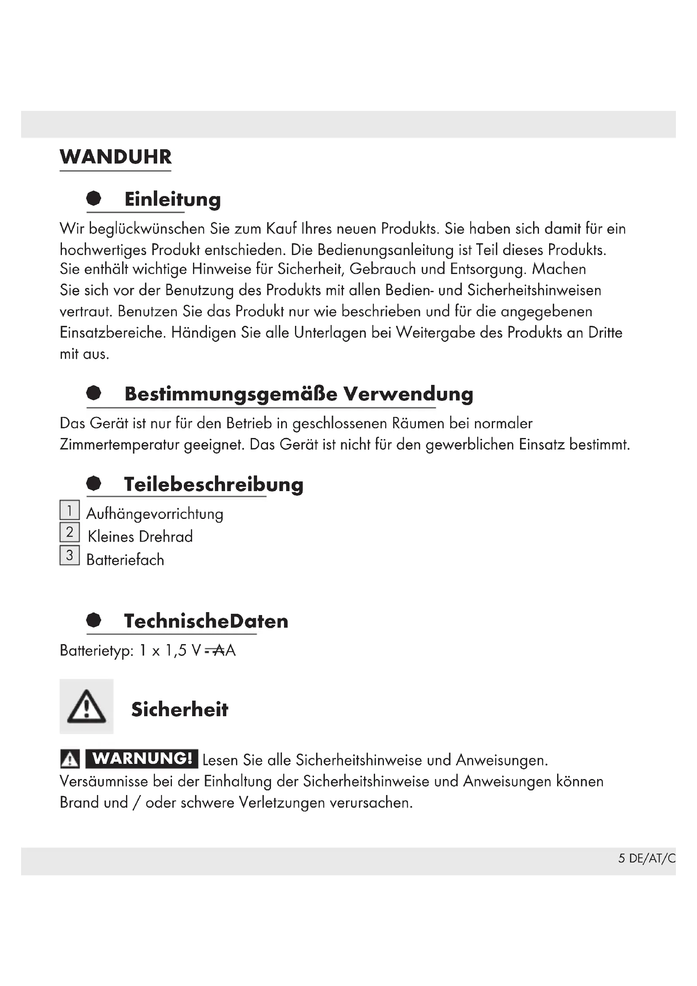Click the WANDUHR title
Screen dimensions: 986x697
[115, 157]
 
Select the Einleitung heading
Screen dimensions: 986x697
[172, 200]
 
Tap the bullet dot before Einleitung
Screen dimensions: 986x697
[94, 199]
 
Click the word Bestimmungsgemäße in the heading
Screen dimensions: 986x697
[231, 394]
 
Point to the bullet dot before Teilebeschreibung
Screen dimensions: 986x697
[94, 484]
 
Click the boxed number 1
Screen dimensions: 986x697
[70, 510]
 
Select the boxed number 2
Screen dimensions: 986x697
[70, 532]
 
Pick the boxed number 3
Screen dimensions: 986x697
[70, 555]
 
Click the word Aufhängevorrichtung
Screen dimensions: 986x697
[155, 514]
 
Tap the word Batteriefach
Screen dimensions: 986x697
[125, 560]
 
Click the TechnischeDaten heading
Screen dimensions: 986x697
[206, 621]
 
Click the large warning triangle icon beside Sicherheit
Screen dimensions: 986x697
[86, 707]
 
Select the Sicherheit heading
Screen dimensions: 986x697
[180, 709]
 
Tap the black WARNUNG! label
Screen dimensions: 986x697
[142, 759]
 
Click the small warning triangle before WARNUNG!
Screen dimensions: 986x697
[70, 760]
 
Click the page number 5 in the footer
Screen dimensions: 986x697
[622, 858]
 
